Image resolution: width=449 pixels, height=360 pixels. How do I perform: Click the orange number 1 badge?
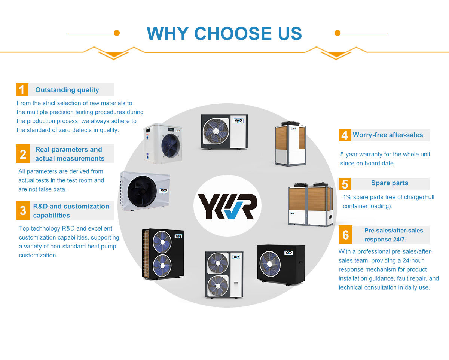click(22, 90)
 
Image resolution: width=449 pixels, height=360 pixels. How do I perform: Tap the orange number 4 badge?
click(345, 135)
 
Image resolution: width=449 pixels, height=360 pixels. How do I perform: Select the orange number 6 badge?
click(345, 235)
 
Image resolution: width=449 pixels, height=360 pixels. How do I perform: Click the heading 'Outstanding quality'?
click(67, 90)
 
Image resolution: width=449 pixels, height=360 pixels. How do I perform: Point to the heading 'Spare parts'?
click(390, 183)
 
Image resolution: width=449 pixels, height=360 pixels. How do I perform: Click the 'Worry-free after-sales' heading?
click(388, 135)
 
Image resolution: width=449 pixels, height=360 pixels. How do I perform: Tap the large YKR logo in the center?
click(227, 206)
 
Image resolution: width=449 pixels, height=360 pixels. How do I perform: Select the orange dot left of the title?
click(117, 33)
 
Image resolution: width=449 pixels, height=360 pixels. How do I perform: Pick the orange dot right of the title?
click(337, 33)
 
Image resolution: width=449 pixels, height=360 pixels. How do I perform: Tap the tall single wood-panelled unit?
click(290, 144)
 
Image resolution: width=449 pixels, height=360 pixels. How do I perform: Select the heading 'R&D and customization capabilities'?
click(71, 211)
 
